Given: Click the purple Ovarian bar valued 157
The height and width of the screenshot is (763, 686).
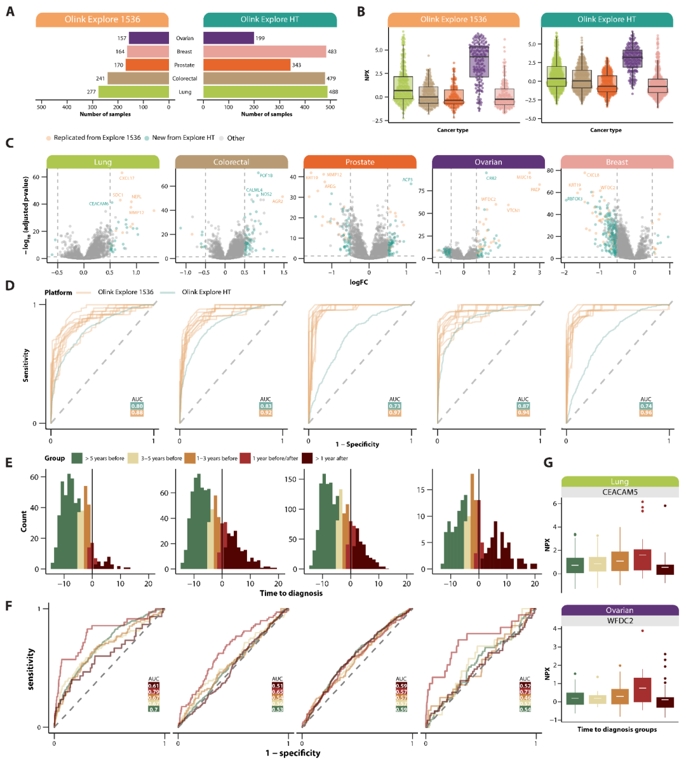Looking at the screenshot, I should (149, 38).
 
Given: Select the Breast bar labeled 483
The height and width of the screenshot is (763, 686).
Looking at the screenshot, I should (264, 51).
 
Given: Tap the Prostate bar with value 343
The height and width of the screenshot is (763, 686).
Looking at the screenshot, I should (246, 65).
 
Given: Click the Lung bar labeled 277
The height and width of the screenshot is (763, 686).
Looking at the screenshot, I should (133, 91).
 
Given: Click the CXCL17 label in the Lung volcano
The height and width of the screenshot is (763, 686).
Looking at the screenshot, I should (126, 179).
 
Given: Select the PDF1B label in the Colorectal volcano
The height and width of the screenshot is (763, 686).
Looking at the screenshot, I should (266, 175).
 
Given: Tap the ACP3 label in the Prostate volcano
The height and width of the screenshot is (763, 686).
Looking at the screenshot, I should (407, 180).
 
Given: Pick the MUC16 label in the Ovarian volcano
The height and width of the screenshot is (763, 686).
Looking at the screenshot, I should (523, 177).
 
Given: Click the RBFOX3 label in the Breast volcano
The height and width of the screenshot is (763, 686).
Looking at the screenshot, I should (574, 199).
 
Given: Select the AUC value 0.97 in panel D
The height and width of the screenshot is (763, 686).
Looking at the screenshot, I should (395, 413).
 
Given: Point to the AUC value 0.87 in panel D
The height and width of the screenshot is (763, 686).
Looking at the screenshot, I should (523, 406).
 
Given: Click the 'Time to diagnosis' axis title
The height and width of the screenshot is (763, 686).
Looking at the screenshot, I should (291, 593).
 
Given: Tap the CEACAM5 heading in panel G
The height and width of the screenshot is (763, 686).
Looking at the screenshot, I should (619, 492).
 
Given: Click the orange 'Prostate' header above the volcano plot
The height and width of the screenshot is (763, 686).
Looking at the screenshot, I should (360, 162).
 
